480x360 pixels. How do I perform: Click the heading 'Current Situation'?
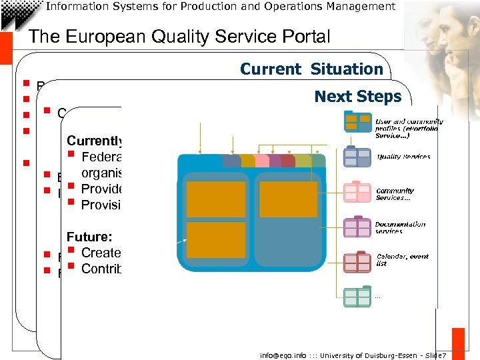pyautogui.click(x=311, y=69)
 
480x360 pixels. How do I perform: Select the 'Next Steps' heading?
pyautogui.click(x=358, y=96)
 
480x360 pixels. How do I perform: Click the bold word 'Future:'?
pyautogui.click(x=89, y=236)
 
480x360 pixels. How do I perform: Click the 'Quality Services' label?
pyautogui.click(x=403, y=157)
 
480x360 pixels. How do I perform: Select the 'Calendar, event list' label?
pyautogui.click(x=402, y=259)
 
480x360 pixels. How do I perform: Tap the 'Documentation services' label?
pyautogui.click(x=400, y=227)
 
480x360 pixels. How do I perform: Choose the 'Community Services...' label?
pyautogui.click(x=395, y=193)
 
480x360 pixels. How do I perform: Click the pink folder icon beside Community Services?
pyautogui.click(x=357, y=192)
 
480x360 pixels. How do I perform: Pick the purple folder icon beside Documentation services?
pyautogui.click(x=357, y=227)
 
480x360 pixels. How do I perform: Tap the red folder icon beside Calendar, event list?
pyautogui.click(x=357, y=261)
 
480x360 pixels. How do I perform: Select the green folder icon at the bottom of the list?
pyautogui.click(x=357, y=296)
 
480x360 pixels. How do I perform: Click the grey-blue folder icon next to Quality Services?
pyautogui.click(x=357, y=157)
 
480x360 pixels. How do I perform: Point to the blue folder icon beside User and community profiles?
pyautogui.click(x=357, y=121)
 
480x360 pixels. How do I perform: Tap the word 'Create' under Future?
pyautogui.click(x=101, y=253)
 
